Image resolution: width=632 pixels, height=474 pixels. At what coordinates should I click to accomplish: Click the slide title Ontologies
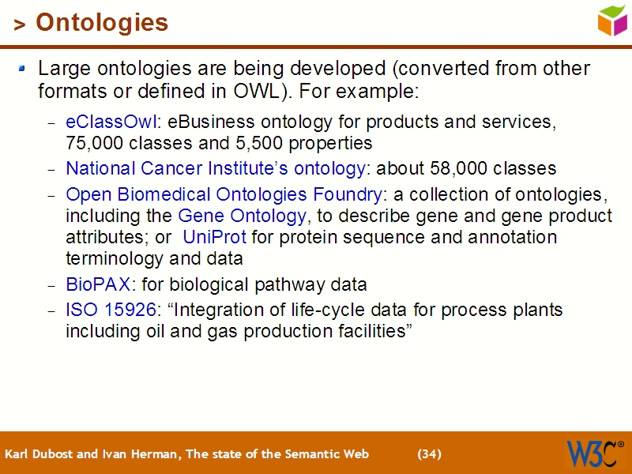pos(101,23)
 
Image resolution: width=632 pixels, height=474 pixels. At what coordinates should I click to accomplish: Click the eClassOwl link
pos(111,122)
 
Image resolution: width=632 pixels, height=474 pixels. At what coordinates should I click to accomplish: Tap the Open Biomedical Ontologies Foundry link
pos(224,194)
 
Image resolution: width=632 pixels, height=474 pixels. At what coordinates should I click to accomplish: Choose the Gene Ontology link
pos(242,216)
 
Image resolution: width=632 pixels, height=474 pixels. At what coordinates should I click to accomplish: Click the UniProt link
pos(215,237)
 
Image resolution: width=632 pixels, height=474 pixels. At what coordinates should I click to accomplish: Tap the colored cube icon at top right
pos(612,20)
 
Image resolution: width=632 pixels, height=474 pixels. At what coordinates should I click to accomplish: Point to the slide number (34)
pos(429,454)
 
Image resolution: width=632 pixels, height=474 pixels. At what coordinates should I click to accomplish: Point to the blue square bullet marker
pos(22,70)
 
